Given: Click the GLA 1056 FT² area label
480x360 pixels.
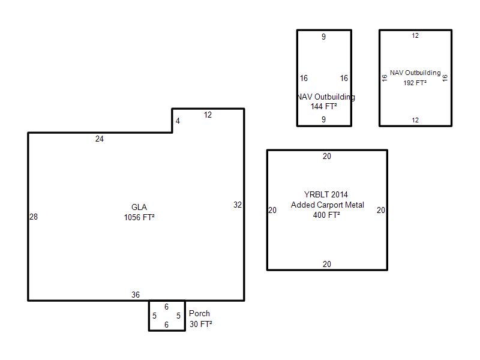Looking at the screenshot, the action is pyautogui.click(x=139, y=212).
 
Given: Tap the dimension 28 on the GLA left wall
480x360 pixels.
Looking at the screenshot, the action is pyautogui.click(x=34, y=217).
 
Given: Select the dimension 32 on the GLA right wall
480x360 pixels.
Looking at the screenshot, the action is pyautogui.click(x=238, y=205).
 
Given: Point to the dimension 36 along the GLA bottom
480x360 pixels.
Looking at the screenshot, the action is pyautogui.click(x=136, y=295).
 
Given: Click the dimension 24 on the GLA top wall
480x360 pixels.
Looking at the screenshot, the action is pyautogui.click(x=100, y=139).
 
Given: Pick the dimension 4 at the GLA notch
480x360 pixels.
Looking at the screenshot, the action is pyautogui.click(x=178, y=121).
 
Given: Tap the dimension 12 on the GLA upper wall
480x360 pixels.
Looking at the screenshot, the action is pyautogui.click(x=208, y=115).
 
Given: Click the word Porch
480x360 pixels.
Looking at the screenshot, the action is pyautogui.click(x=199, y=313).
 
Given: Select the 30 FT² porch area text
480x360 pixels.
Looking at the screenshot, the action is pyautogui.click(x=201, y=324).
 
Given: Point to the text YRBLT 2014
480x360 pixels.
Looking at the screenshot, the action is pyautogui.click(x=326, y=194).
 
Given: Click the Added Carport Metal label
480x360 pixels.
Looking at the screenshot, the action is pyautogui.click(x=328, y=205).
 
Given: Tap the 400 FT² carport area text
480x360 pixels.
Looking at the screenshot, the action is pyautogui.click(x=326, y=215).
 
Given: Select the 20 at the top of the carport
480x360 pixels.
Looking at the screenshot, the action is pyautogui.click(x=327, y=156).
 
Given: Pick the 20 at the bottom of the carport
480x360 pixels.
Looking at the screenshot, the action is pyautogui.click(x=327, y=264).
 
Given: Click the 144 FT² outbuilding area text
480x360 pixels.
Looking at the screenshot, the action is pyautogui.click(x=324, y=106).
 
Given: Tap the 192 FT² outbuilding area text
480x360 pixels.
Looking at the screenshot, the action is pyautogui.click(x=415, y=83).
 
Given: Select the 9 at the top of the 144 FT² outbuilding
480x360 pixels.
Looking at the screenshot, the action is pyautogui.click(x=323, y=37).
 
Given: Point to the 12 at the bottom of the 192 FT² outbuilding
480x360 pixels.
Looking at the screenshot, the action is pyautogui.click(x=415, y=120).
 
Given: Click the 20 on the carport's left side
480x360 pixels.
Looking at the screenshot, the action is pyautogui.click(x=272, y=211).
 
